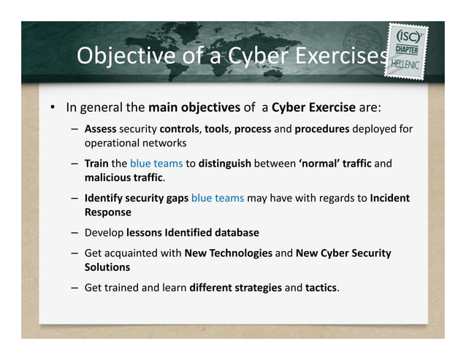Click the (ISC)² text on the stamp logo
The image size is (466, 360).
point(410,37)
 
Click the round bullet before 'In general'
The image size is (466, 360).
point(53,109)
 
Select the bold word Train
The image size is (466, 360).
point(96,164)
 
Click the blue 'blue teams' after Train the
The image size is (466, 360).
point(156,164)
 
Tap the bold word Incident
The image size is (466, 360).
point(390,198)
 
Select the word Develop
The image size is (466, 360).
point(104,232)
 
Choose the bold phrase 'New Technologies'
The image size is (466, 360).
point(228,253)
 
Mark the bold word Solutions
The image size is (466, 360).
point(107,267)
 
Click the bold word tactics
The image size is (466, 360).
point(321,287)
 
